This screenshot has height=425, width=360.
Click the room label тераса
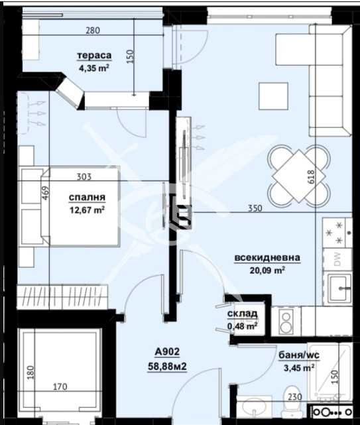93,56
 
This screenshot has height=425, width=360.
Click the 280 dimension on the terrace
92,30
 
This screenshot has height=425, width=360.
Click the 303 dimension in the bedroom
84,177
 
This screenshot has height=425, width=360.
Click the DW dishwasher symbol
337,260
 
